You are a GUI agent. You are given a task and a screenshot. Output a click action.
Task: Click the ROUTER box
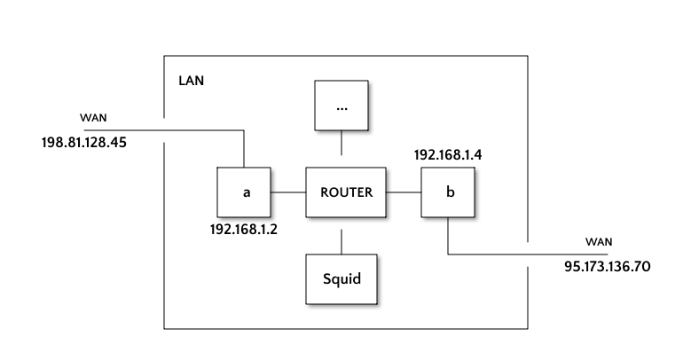point(346,192)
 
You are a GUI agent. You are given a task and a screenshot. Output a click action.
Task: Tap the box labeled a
point(244,192)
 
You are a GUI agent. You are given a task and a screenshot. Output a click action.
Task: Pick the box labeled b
point(448,192)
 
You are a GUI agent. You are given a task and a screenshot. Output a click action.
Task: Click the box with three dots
point(342,107)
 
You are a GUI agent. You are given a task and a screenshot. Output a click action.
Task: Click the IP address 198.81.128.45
point(83,142)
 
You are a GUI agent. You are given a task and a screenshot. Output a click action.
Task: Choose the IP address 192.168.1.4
point(449,155)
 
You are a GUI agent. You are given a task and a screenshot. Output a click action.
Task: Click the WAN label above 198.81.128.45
point(94,118)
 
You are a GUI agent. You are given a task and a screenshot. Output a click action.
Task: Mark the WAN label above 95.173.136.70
point(599,242)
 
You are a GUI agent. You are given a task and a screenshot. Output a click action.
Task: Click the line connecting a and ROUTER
point(288,192)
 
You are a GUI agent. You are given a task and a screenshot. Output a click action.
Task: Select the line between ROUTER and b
point(404,192)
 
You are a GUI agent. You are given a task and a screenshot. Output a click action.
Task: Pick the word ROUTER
point(346,192)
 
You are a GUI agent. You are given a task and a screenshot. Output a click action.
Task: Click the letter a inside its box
point(247,192)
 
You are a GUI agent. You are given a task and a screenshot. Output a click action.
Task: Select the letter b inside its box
point(450,192)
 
